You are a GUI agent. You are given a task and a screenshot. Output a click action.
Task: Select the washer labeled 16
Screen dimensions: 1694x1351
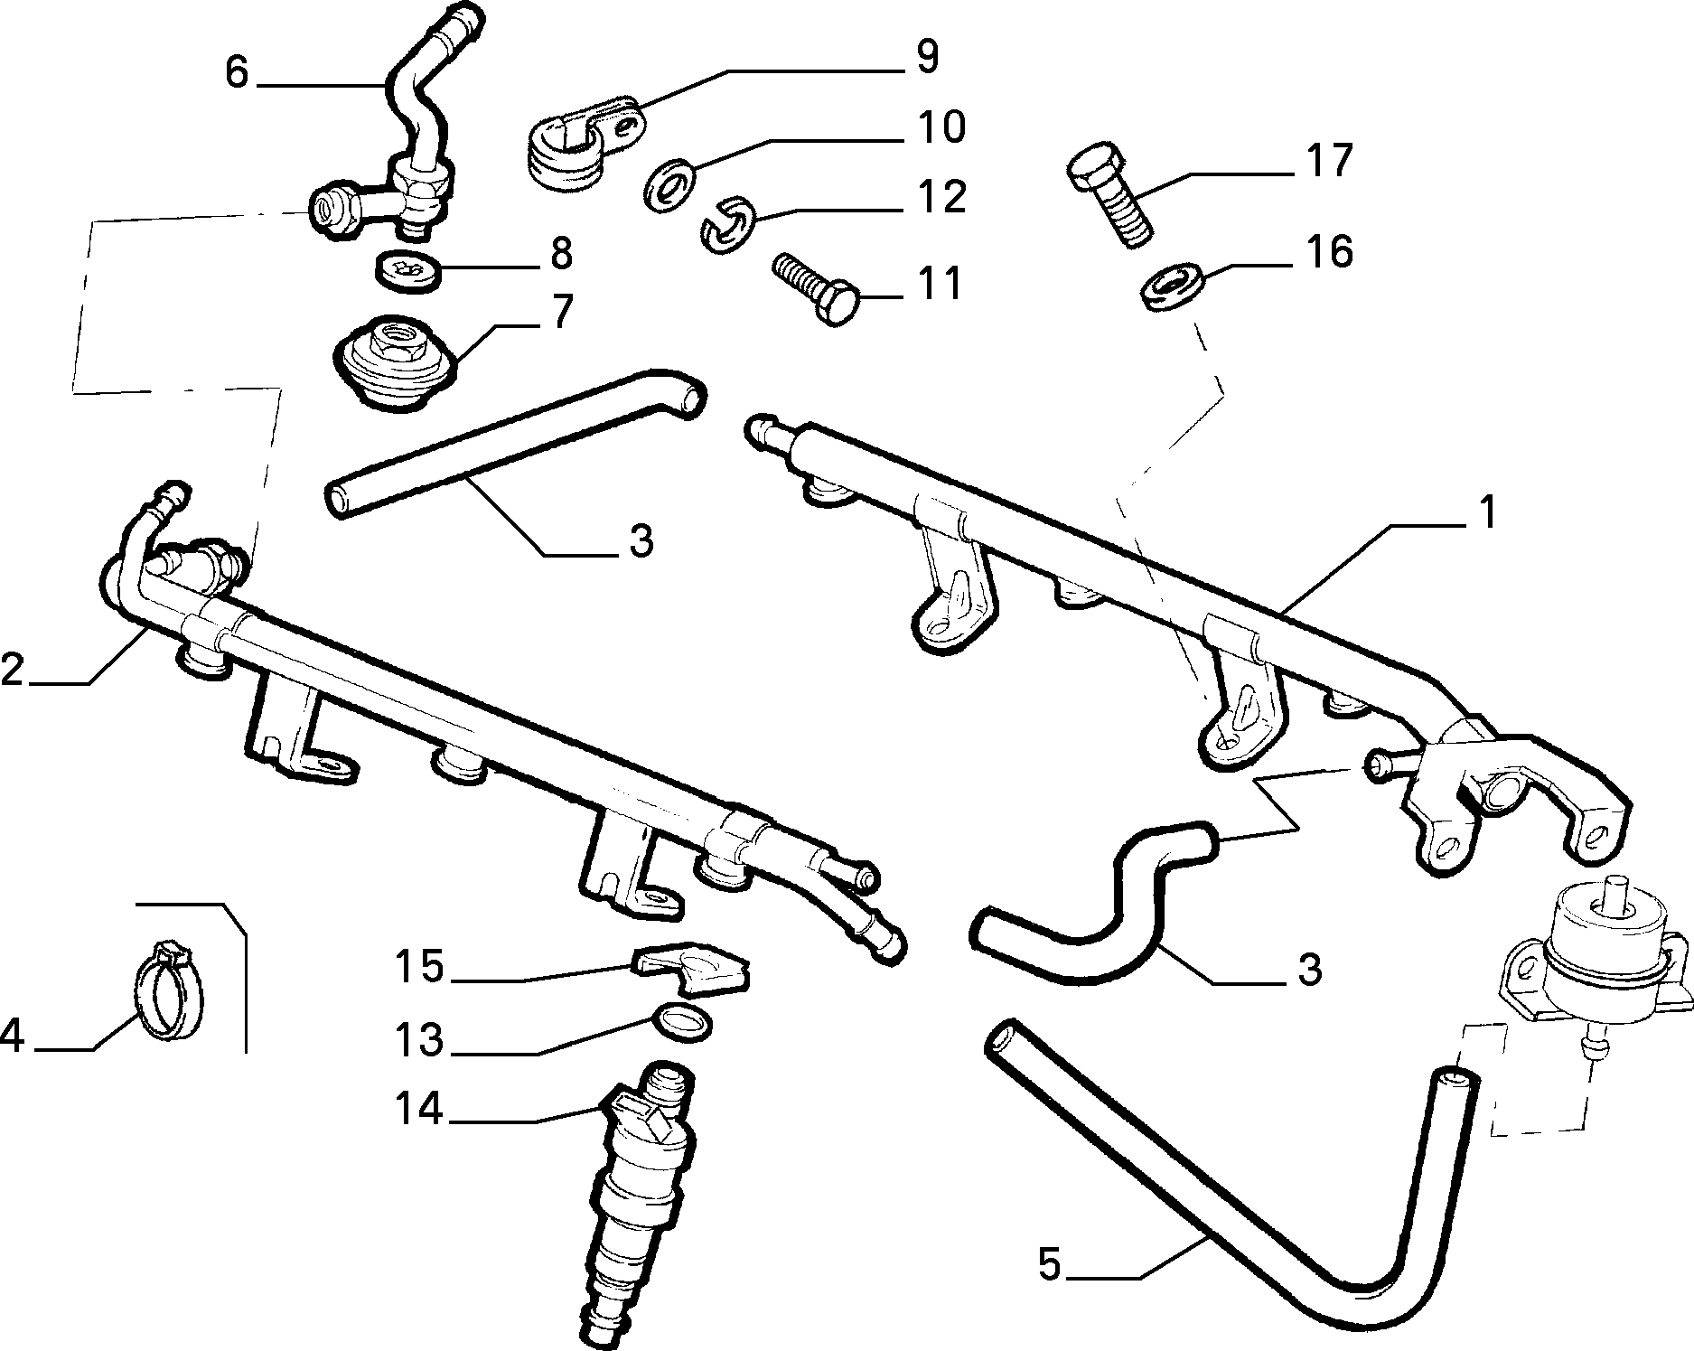[x=1171, y=285]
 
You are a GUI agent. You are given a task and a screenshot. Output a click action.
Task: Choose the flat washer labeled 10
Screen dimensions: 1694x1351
[x=669, y=183]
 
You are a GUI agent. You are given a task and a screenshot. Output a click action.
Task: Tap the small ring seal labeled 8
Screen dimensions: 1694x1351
[x=408, y=269]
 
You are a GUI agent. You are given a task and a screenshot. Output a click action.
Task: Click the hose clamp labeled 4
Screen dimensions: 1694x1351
[x=170, y=988]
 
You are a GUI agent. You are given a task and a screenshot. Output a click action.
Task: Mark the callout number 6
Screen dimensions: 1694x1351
[x=237, y=72]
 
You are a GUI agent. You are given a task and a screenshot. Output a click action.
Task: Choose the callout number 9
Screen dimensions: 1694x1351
[x=927, y=56]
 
